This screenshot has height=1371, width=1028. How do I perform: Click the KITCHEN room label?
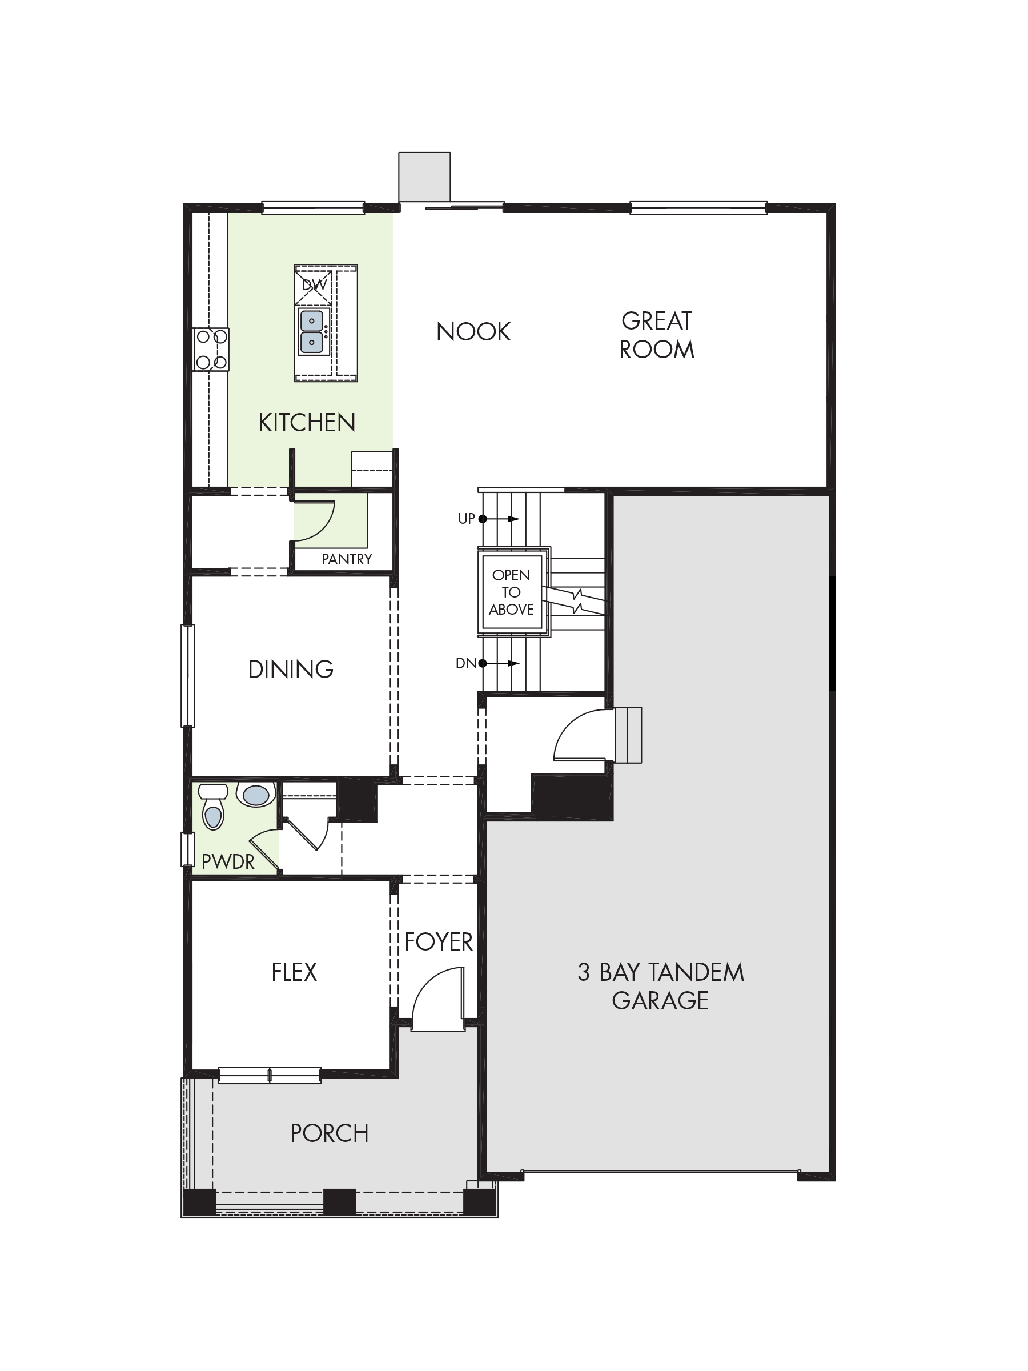coord(307,423)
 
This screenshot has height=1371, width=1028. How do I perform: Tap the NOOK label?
coord(473,332)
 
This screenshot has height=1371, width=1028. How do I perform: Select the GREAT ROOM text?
coord(657,335)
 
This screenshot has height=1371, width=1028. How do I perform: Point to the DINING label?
coord(291,670)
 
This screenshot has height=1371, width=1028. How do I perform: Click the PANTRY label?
coord(347,559)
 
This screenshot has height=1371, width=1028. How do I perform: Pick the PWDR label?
coord(228,861)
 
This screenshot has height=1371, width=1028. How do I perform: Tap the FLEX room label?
coord(294,972)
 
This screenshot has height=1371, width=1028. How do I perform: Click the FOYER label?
coord(438,942)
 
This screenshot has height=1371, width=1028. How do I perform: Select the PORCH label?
coord(330,1133)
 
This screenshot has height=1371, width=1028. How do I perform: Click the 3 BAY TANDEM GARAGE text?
coord(661,986)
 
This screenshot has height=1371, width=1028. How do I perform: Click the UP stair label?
coord(466,519)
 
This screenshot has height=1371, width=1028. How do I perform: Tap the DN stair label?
coord(465,663)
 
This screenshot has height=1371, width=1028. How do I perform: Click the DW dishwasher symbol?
coord(314,285)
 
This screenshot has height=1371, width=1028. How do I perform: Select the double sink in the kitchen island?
coord(312,331)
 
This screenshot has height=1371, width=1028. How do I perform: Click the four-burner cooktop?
coord(211,350)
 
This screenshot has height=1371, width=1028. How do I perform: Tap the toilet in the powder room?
coord(212,807)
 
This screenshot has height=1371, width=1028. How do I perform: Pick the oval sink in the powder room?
coord(256,795)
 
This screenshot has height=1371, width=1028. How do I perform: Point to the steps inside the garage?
coord(628,735)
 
